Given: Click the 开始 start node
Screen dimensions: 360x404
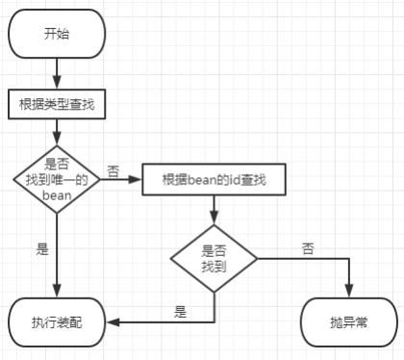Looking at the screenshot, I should (57, 35).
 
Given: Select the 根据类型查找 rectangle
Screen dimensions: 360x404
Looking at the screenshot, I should (57, 103).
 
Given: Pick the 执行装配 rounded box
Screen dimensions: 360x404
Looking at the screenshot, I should (57, 321).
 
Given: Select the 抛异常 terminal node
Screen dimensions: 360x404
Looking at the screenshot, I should (348, 321).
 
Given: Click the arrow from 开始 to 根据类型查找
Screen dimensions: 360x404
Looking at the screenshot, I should (57, 72).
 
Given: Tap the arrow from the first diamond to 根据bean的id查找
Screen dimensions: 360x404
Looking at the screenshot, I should (120, 178).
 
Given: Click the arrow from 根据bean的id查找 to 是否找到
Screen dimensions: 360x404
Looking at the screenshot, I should (214, 209).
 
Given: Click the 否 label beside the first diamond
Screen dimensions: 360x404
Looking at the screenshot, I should (114, 171).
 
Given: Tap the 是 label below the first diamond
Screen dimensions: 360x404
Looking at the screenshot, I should (42, 248).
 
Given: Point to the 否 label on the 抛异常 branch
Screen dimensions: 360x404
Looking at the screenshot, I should (307, 248).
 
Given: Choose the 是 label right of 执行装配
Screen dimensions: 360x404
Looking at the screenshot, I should (180, 311).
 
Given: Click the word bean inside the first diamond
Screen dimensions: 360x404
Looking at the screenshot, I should (56, 193).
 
